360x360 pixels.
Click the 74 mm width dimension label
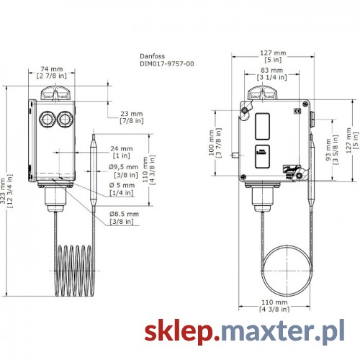pyautogui.click(x=52, y=73)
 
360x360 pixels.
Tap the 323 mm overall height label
pyautogui.click(x=6, y=191)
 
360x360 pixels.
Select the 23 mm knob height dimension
pyautogui.click(x=132, y=117)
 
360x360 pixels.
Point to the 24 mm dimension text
pyautogui.click(x=122, y=152)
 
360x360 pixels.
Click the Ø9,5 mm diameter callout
pyautogui.click(x=123, y=171)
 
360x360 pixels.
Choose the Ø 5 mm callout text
pyautogui.click(x=122, y=189)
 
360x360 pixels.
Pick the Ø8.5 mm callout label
pyautogui.click(x=124, y=217)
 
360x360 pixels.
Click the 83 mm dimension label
pyautogui.click(x=272, y=73)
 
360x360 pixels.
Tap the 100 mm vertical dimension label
pyautogui.click(x=215, y=143)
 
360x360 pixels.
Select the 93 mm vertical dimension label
pyautogui.click(x=332, y=150)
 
